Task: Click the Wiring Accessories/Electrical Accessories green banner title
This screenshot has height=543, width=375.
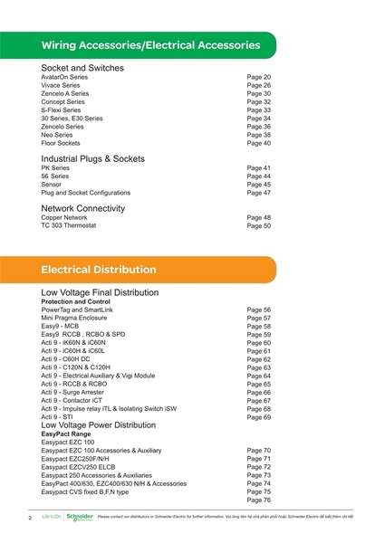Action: [x=150, y=44]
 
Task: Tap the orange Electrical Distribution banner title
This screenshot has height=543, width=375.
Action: [x=99, y=270]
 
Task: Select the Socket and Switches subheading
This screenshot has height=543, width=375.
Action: [x=82, y=68]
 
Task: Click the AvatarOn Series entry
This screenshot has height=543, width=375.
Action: [x=64, y=78]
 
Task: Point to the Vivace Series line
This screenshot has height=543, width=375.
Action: [x=61, y=86]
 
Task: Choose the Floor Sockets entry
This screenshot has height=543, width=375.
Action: [x=61, y=143]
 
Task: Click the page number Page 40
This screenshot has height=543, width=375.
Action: [x=259, y=143]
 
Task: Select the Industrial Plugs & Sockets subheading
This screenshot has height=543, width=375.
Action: [x=92, y=158]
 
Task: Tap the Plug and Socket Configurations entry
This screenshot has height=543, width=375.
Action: [x=85, y=193]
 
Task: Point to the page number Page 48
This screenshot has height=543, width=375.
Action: [x=259, y=217]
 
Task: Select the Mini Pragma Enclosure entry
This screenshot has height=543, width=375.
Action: [x=79, y=319]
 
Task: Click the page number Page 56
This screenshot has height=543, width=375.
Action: [x=259, y=310]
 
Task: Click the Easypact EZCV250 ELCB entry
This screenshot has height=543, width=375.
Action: [x=84, y=467]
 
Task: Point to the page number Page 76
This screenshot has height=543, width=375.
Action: [x=259, y=500]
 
